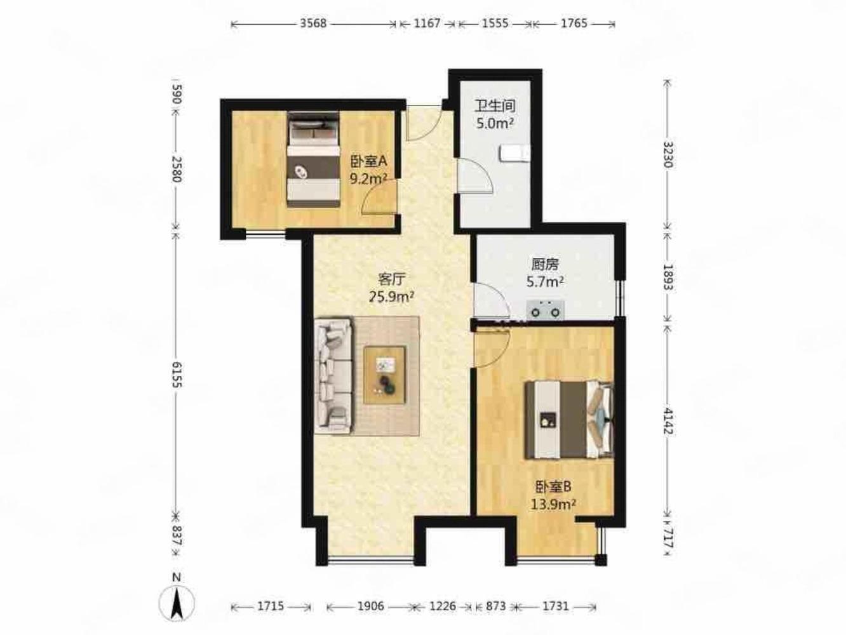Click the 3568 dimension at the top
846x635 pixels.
coord(313,23)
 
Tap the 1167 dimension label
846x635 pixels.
coord(427,23)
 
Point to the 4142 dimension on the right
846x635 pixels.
coord(668,422)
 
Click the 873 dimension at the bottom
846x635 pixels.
coord(495,606)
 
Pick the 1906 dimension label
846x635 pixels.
coord(370,606)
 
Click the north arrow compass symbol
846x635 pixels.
coord(177,603)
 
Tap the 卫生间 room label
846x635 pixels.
coord(495,106)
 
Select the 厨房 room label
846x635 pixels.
coord(545,264)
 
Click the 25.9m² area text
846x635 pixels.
coord(392,297)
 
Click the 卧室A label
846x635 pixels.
coord(368,161)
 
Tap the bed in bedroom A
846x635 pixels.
coord(313,159)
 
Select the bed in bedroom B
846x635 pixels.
coord(569,420)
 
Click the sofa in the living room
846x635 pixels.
coord(333,375)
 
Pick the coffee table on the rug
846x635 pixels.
coord(385,375)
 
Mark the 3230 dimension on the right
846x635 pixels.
coord(668,154)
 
